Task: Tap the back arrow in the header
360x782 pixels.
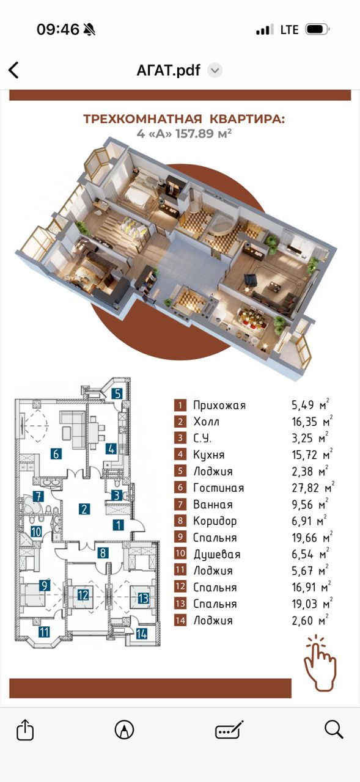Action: [13, 70]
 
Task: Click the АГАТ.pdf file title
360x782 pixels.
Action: [168, 70]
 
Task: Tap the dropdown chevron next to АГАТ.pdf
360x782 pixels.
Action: [215, 70]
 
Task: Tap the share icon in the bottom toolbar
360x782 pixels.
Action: [25, 729]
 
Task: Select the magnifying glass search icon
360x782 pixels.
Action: [334, 729]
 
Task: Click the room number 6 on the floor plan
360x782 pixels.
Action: [56, 454]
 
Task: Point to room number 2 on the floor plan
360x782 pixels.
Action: [84, 509]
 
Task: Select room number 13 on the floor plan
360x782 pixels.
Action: [144, 598]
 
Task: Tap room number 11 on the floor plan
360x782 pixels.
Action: [43, 632]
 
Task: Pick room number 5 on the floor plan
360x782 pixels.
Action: [117, 394]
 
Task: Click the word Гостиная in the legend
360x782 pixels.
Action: [219, 488]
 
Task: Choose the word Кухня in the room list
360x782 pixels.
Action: [209, 455]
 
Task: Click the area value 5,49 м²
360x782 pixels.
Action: [310, 404]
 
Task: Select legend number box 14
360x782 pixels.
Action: [180, 620]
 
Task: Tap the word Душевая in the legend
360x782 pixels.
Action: [217, 555]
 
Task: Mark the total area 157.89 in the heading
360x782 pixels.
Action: [194, 134]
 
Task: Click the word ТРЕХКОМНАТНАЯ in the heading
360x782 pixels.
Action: [142, 119]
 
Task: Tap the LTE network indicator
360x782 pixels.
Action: [290, 30]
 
